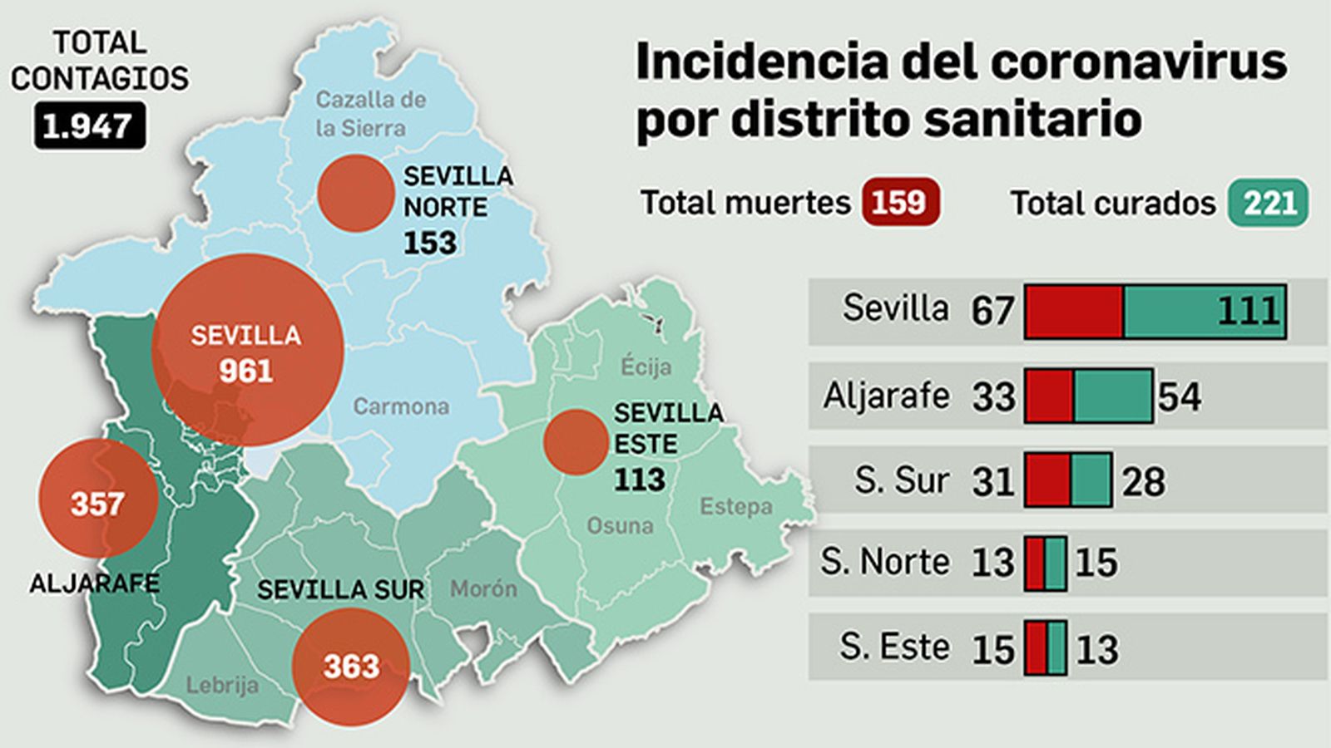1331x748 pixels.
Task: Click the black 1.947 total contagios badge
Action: (89, 126)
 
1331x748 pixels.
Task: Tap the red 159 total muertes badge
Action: (900, 202)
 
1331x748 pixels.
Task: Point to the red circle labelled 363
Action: (351, 667)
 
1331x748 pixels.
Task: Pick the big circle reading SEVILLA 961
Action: (247, 351)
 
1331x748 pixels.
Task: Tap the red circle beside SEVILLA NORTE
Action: (355, 193)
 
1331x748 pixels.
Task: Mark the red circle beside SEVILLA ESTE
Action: (576, 442)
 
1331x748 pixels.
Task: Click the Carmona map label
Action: (401, 406)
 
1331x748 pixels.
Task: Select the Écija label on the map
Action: (646, 366)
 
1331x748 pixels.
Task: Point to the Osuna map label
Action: (620, 525)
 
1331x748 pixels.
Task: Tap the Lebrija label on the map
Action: (221, 685)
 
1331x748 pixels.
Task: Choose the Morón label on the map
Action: (483, 588)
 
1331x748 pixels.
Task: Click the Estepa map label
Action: (735, 505)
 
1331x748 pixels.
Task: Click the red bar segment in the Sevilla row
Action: (1073, 312)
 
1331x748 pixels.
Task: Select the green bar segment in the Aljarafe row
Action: (1112, 396)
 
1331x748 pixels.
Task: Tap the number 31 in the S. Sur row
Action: (993, 482)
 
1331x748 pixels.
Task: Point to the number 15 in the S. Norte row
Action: (1096, 563)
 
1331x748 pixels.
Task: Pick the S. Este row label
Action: (894, 647)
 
